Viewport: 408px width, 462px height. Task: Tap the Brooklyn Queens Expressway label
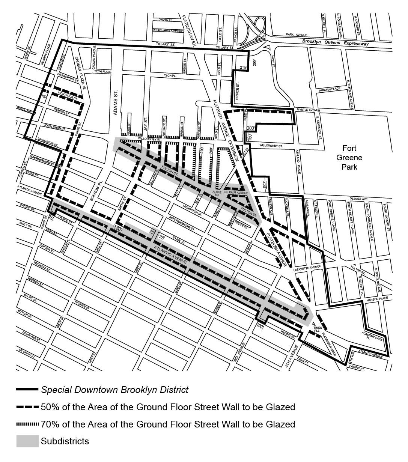[336, 43]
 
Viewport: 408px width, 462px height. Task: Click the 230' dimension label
[265, 184]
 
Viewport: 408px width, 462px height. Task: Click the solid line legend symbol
[27, 390]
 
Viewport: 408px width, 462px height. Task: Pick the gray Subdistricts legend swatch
[27, 441]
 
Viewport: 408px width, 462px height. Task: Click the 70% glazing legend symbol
[27, 424]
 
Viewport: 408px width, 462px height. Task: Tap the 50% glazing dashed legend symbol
[27, 407]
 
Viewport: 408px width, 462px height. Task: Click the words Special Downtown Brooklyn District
[115, 390]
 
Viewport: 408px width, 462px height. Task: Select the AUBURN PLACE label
[330, 89]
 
